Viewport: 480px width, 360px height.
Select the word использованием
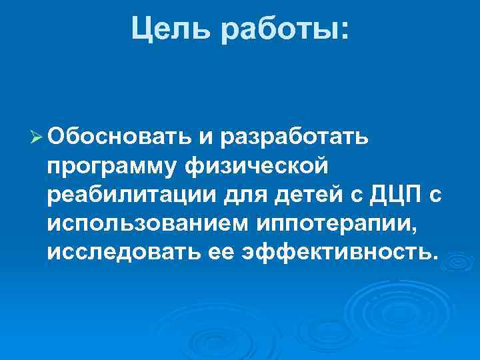(x=148, y=224)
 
